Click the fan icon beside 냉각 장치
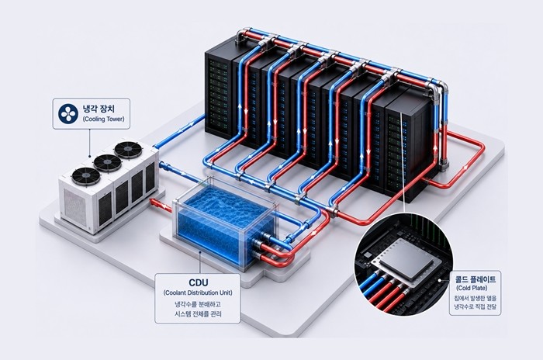[68, 113]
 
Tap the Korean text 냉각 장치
[99, 109]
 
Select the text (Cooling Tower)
[103, 119]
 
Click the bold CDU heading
[199, 282]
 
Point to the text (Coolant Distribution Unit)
[198, 292]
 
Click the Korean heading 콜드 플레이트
[476, 279]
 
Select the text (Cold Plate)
[472, 289]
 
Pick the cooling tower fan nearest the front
[86, 176]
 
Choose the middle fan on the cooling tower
[108, 162]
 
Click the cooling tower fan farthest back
[128, 150]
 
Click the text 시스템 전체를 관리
[198, 314]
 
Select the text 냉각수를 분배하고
[198, 304]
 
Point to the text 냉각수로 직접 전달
[475, 306]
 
